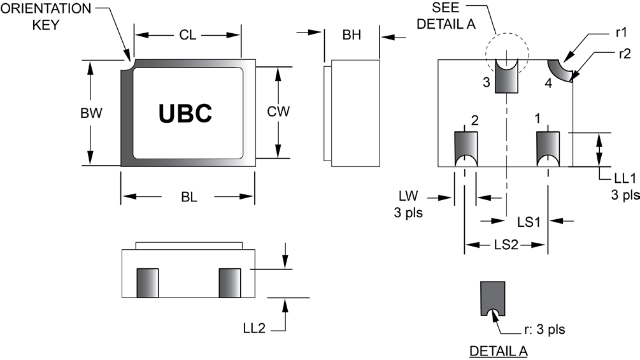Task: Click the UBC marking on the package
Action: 185,113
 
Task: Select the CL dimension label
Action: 187,35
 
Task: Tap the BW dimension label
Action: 92,113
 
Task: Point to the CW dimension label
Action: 278,112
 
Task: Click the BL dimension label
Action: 188,197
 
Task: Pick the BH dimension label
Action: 352,35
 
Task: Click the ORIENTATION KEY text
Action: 46,18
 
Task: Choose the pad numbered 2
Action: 465,148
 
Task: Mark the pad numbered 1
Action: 548,148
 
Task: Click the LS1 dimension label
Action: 529,221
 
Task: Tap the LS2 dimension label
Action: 506,245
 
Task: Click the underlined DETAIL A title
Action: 498,351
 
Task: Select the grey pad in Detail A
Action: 492,296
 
